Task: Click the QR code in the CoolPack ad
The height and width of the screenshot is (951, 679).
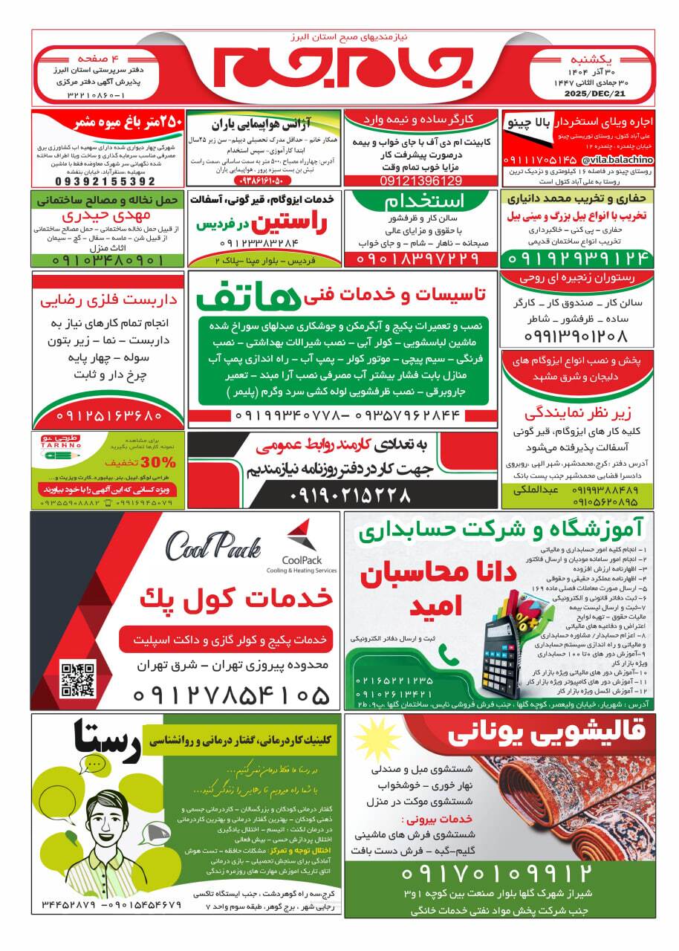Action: tap(78, 678)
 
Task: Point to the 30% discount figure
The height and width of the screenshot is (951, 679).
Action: tap(163, 462)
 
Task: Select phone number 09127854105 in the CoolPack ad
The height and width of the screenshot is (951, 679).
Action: tap(231, 695)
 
